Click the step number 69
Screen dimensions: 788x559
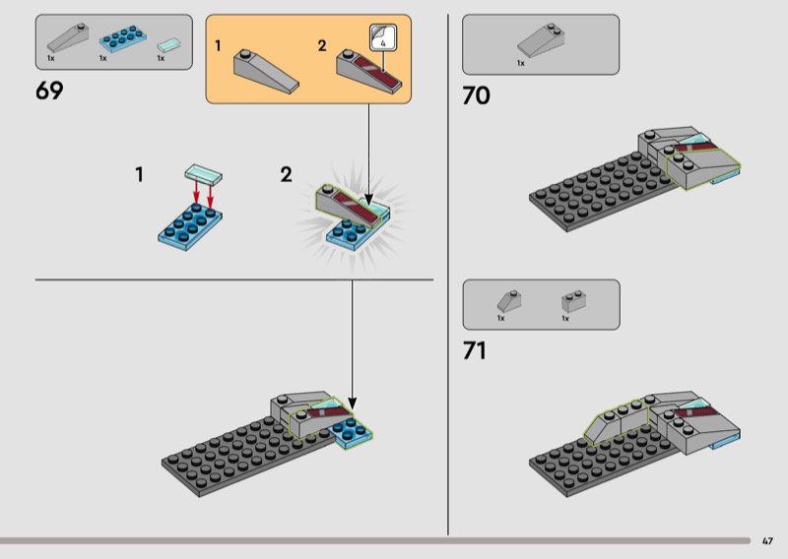pyautogui.click(x=49, y=91)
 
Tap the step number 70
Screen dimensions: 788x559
pyautogui.click(x=476, y=95)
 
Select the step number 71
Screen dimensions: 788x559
pyautogui.click(x=475, y=350)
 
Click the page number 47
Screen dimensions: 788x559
pyautogui.click(x=767, y=541)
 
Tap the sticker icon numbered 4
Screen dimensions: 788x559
pyautogui.click(x=383, y=37)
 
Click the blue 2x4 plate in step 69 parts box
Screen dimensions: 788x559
pyautogui.click(x=123, y=38)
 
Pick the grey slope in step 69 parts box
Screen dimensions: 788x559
pyautogui.click(x=68, y=37)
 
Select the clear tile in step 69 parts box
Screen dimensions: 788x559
pyautogui.click(x=168, y=45)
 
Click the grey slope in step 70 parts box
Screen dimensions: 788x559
pyautogui.click(x=541, y=39)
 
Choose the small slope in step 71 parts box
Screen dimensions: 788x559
pyautogui.click(x=509, y=301)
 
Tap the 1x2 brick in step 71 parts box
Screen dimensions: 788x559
pyautogui.click(x=573, y=301)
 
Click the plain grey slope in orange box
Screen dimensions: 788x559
pyautogui.click(x=266, y=71)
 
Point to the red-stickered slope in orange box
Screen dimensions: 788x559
pyautogui.click(x=368, y=71)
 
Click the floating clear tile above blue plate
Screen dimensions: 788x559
pyautogui.click(x=204, y=173)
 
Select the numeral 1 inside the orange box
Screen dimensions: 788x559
pyautogui.click(x=218, y=45)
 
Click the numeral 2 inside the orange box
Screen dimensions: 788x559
pyautogui.click(x=322, y=45)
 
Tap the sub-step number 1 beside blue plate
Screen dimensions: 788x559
pyautogui.click(x=139, y=175)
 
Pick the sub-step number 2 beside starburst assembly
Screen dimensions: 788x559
pyautogui.click(x=286, y=175)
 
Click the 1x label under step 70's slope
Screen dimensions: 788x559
pyautogui.click(x=521, y=63)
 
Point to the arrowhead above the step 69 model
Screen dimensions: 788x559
pyautogui.click(x=353, y=404)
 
